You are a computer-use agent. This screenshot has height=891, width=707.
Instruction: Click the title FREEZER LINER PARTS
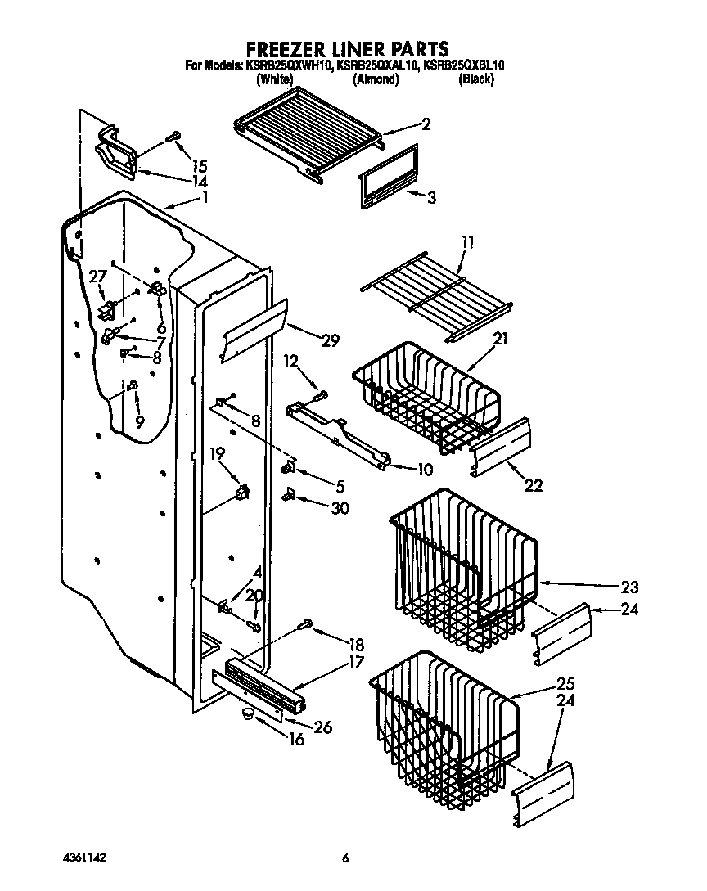click(x=347, y=48)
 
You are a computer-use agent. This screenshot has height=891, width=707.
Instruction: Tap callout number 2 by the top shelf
click(x=426, y=124)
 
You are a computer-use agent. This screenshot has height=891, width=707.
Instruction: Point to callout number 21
click(x=500, y=338)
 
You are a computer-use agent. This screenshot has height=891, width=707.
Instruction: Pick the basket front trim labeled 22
click(x=501, y=448)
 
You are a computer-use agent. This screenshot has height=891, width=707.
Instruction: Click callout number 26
click(x=323, y=726)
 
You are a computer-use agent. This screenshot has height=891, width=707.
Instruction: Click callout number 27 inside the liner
click(x=97, y=277)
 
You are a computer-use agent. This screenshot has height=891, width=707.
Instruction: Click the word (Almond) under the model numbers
click(x=376, y=79)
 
